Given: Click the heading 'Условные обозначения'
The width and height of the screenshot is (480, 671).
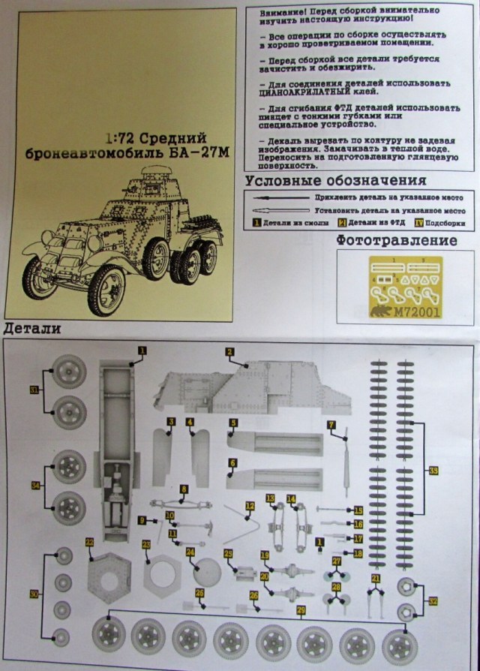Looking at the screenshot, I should coord(335,181).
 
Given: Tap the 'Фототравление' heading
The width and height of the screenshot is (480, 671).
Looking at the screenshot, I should coord(397,240).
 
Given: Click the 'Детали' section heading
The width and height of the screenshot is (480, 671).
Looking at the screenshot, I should coord(32,329).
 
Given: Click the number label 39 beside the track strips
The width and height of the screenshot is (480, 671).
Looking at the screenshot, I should coord(434,471).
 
